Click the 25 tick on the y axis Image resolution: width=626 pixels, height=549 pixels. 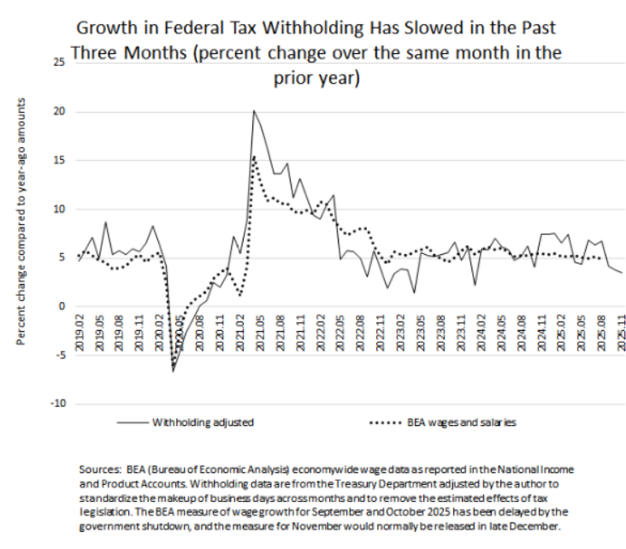58,62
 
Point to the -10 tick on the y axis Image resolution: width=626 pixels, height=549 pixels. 56,403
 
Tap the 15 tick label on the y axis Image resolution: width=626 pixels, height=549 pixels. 58,160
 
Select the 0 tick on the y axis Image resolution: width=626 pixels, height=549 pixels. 61,306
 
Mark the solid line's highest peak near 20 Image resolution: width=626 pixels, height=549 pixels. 254,110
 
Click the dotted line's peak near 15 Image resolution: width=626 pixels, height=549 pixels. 254,156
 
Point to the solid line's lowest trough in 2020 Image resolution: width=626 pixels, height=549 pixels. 173,370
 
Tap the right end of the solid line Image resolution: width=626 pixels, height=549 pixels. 622,273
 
